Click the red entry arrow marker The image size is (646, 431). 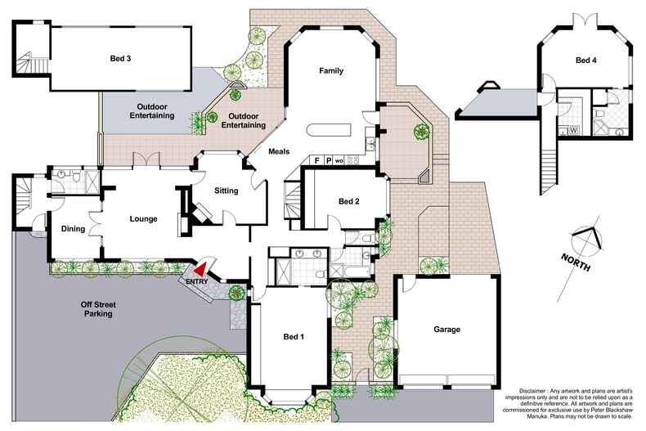pos(199,267)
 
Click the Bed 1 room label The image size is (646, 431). pos(294,337)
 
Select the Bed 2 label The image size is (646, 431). pos(349,201)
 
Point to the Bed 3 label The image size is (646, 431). pos(121,59)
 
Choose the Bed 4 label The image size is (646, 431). pos(585,61)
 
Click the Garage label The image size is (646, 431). pos(446,330)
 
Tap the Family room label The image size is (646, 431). pos(330,71)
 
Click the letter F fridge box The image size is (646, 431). pos(316,160)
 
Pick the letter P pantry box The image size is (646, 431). pos(329,160)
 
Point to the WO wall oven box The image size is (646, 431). pos(340,160)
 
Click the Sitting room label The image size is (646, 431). pos(226,191)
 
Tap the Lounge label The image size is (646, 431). pos(143,219)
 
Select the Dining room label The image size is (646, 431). pos(73,229)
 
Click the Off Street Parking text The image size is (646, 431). pos(96,309)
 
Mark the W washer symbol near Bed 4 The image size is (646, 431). pos(572,129)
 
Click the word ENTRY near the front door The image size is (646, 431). pos(196,282)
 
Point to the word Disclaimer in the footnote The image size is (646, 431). pos(536,391)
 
